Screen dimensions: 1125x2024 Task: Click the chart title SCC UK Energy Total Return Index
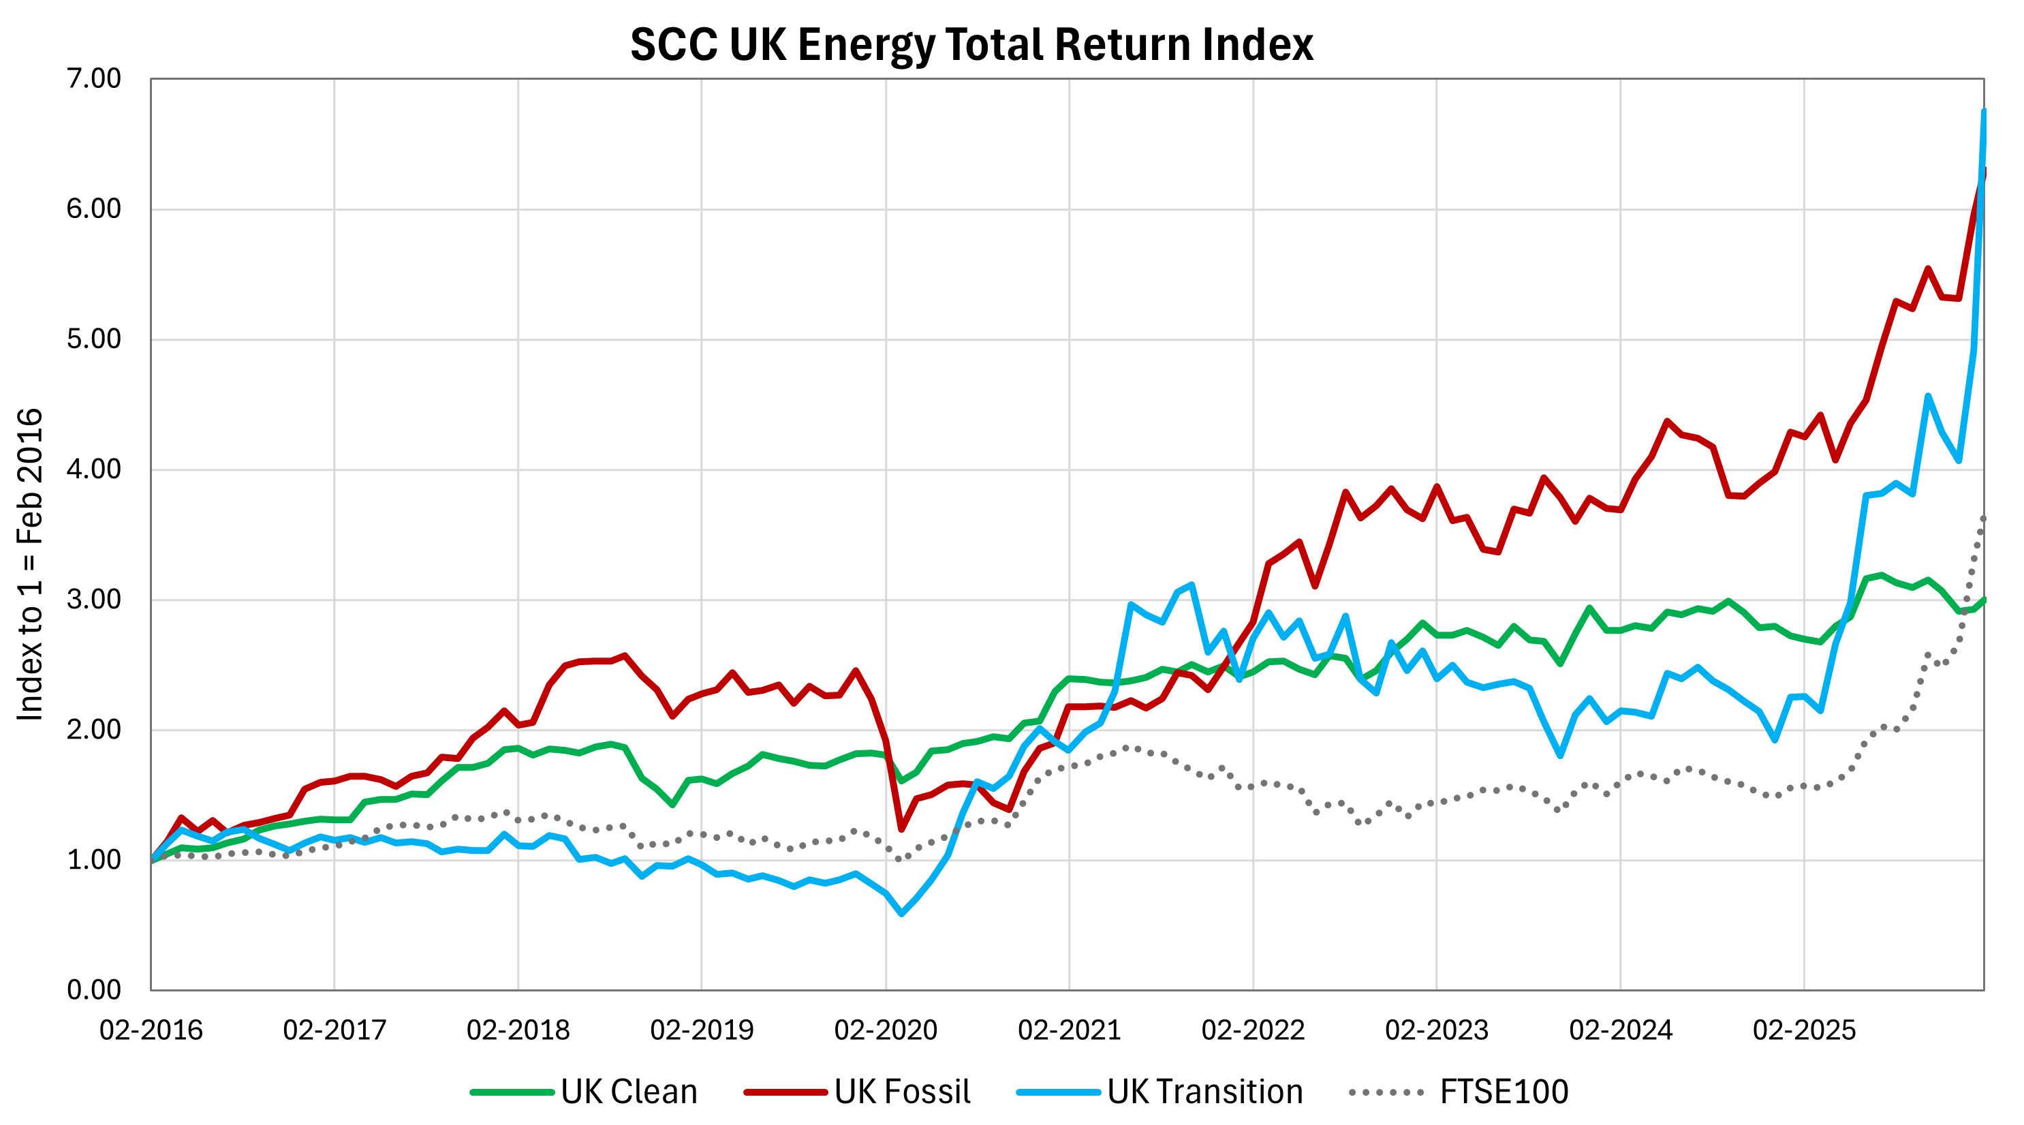click(971, 44)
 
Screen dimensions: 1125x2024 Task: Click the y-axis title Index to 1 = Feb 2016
click(30, 564)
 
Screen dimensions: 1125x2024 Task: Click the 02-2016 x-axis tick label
click(151, 1030)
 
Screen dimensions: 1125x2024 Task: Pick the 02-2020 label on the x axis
click(886, 1030)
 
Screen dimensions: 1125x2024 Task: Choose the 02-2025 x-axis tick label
click(1804, 1030)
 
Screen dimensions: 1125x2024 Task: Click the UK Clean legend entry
click(629, 1092)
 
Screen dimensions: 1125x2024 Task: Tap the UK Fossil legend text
click(902, 1092)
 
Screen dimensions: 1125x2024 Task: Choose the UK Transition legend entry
click(1204, 1092)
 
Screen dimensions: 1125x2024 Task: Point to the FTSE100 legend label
click(1503, 1092)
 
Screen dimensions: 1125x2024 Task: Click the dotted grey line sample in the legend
click(1387, 1093)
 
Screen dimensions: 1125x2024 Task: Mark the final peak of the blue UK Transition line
click(1984, 112)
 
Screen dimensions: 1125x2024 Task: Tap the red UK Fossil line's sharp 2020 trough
click(901, 829)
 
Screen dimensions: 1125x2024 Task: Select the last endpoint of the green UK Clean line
click(1984, 600)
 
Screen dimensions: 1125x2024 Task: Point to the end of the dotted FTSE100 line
click(1984, 517)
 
